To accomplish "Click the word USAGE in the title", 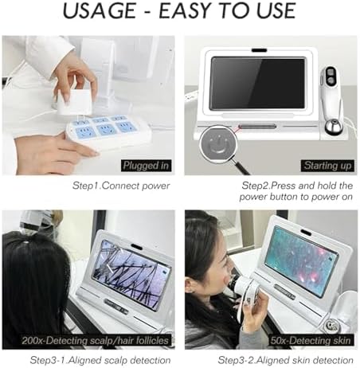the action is point(100,10).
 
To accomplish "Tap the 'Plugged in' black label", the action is point(146,166).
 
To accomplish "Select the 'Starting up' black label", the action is point(327,166).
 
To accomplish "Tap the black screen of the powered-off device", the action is point(257,84).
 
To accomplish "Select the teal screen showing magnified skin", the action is point(301,261).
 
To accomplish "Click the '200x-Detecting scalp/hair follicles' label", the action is point(96,340).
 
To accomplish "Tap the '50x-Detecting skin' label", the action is point(311,340).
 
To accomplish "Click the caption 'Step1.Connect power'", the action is point(121,186).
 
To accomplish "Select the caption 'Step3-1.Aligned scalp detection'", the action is point(100,360).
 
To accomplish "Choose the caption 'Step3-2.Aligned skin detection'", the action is point(286,360).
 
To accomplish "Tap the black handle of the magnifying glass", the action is point(241,167).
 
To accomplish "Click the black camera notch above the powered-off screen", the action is point(259,50).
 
